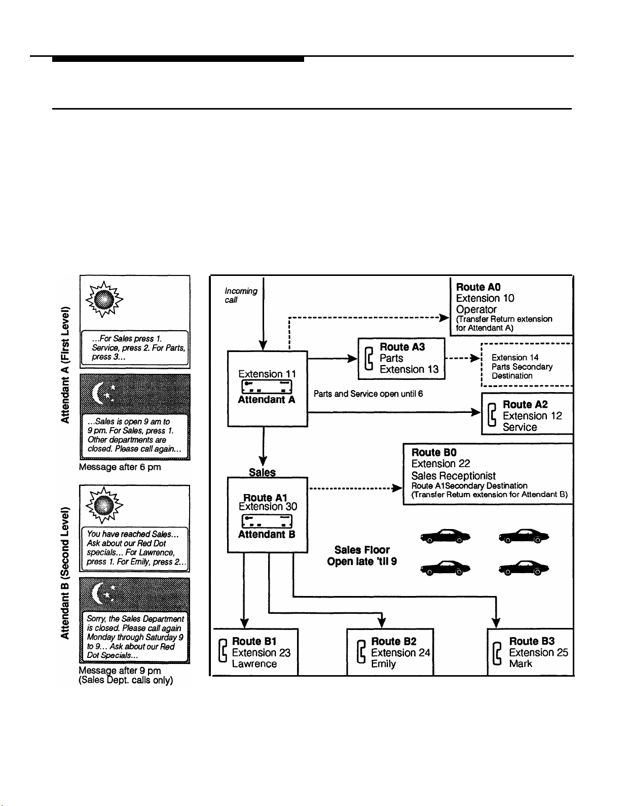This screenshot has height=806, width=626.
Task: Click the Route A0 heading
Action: (478, 287)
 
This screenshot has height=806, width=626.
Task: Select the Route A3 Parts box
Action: (401, 358)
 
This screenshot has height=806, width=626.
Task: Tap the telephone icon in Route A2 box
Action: (492, 415)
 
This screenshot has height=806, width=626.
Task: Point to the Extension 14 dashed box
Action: (527, 365)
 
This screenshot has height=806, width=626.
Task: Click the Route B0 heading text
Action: (434, 452)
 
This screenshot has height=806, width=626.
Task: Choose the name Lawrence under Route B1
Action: (254, 663)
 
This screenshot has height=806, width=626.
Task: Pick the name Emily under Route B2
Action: (383, 664)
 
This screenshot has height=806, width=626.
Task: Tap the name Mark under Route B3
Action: (521, 663)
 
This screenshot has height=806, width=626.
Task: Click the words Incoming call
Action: (241, 295)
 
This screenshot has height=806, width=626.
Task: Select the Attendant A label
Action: (267, 400)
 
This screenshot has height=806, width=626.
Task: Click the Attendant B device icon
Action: (267, 521)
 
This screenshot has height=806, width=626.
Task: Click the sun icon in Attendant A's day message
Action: (104, 299)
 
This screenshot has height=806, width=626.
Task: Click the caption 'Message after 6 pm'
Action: (120, 467)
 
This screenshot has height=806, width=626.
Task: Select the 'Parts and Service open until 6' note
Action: (368, 394)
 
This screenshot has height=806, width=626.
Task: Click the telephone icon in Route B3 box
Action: (497, 653)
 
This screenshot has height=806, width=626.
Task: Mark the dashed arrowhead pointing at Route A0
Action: (444, 318)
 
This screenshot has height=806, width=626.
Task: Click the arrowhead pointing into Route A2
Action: (475, 412)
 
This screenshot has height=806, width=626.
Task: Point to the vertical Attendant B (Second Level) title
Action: (65, 573)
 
